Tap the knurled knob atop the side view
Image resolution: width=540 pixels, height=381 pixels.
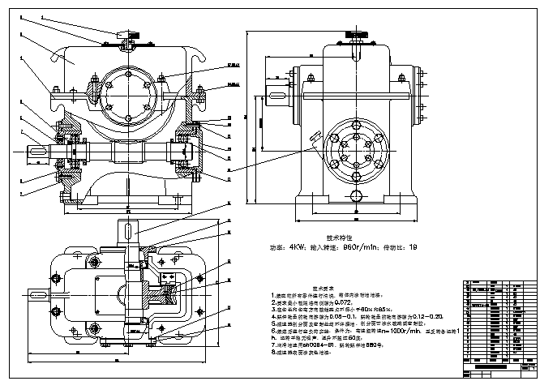357,35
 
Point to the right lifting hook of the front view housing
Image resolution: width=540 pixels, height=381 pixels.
196,54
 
